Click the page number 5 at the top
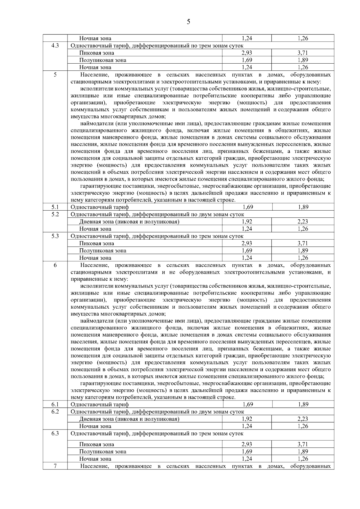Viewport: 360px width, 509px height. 188,22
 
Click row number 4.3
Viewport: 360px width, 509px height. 55,46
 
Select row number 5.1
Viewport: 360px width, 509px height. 55,207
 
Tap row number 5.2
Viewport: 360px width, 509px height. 55,214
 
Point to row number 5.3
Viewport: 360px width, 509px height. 55,236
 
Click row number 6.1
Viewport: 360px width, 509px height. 55,404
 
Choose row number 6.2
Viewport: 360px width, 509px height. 55,412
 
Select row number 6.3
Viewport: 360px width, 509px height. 55,433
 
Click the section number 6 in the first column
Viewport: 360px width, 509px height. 55,265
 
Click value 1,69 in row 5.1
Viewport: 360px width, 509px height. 247,207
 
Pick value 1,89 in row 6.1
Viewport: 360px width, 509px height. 303,404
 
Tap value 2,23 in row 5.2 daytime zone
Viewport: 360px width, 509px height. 303,222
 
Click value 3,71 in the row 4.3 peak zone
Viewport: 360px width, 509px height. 303,53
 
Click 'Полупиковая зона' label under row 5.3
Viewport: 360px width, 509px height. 103,251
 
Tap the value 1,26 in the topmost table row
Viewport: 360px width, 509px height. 303,38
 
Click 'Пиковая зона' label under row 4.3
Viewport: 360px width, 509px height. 96,53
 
